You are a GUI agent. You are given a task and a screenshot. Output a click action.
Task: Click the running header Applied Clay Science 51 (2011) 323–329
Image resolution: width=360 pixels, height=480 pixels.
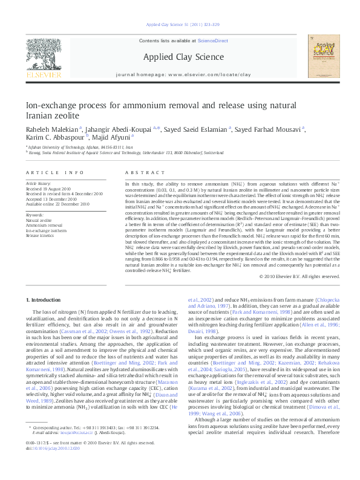click(180, 25)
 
